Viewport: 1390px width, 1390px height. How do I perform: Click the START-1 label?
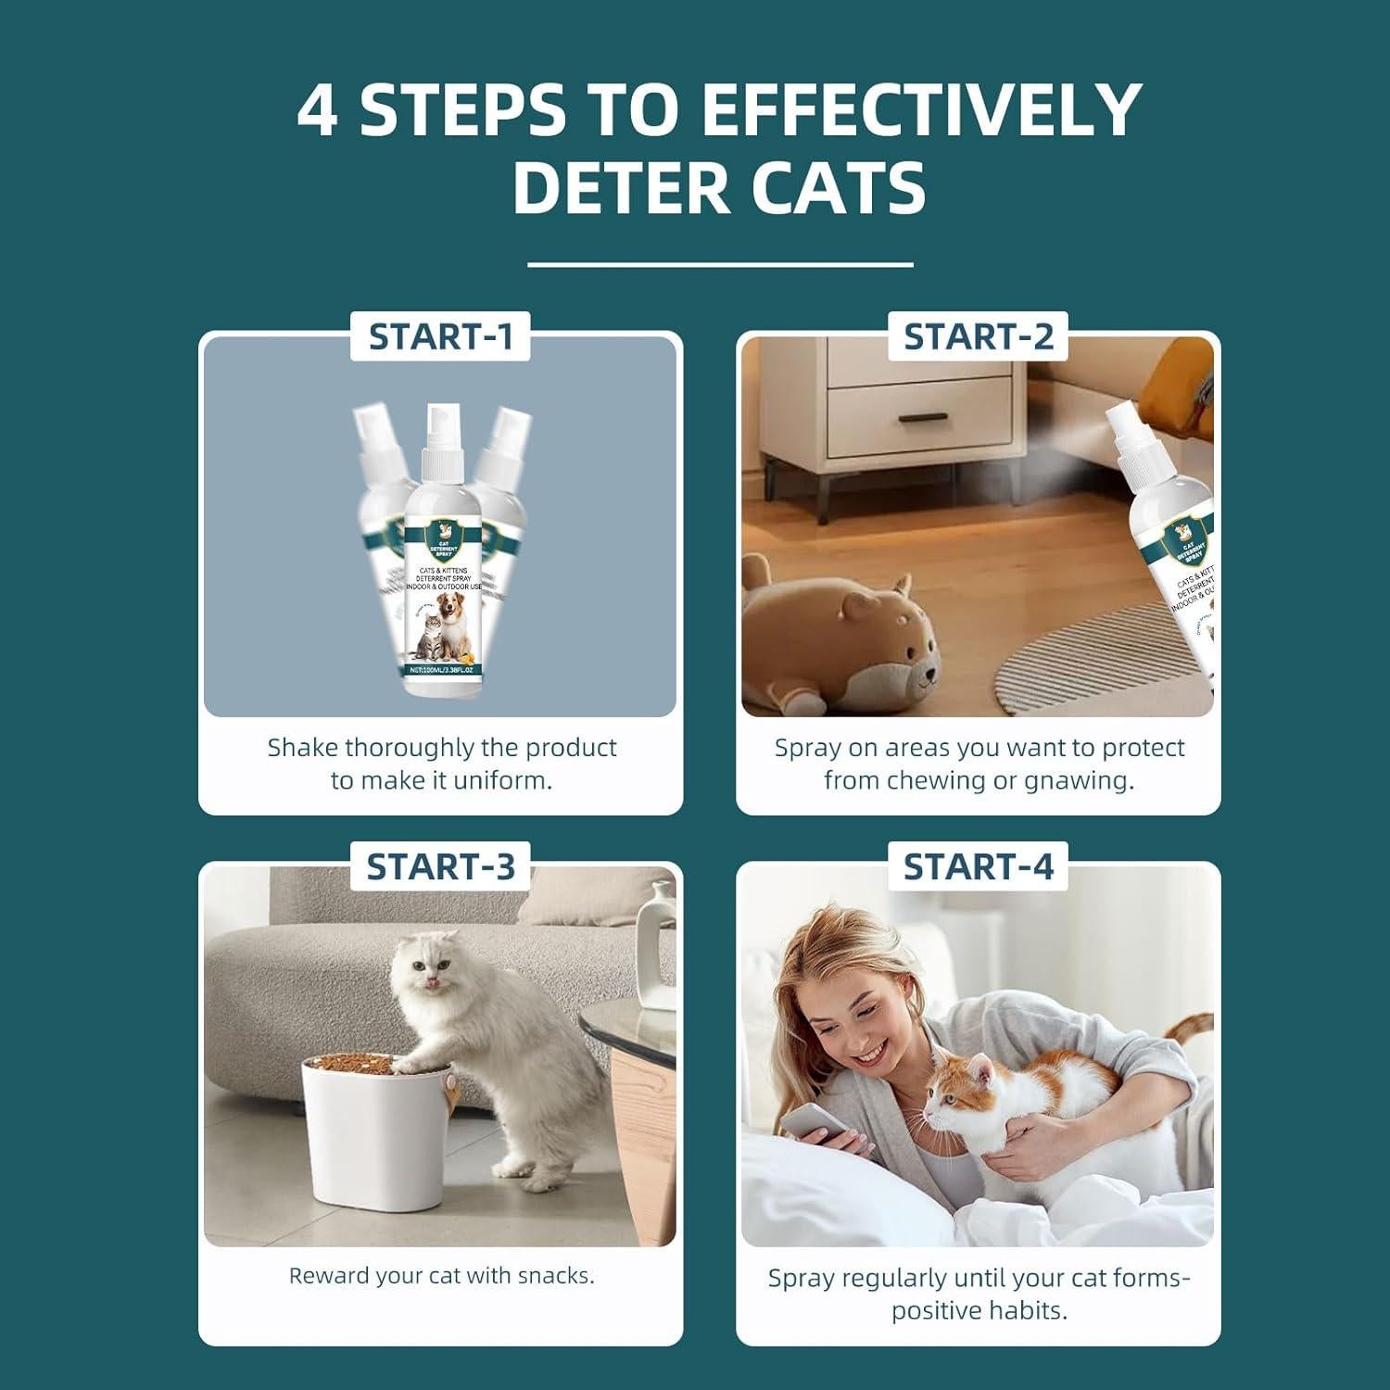click(x=440, y=336)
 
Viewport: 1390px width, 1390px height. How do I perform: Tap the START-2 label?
click(x=978, y=336)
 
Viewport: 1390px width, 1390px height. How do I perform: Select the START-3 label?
click(x=440, y=866)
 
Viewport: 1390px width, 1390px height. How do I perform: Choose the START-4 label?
click(x=978, y=866)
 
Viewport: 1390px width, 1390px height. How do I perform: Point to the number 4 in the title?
click(x=317, y=111)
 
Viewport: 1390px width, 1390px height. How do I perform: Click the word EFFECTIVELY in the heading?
click(x=919, y=111)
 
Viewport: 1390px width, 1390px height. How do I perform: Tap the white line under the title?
click(x=720, y=265)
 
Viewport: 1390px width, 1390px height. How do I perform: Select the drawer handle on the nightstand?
click(x=922, y=418)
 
